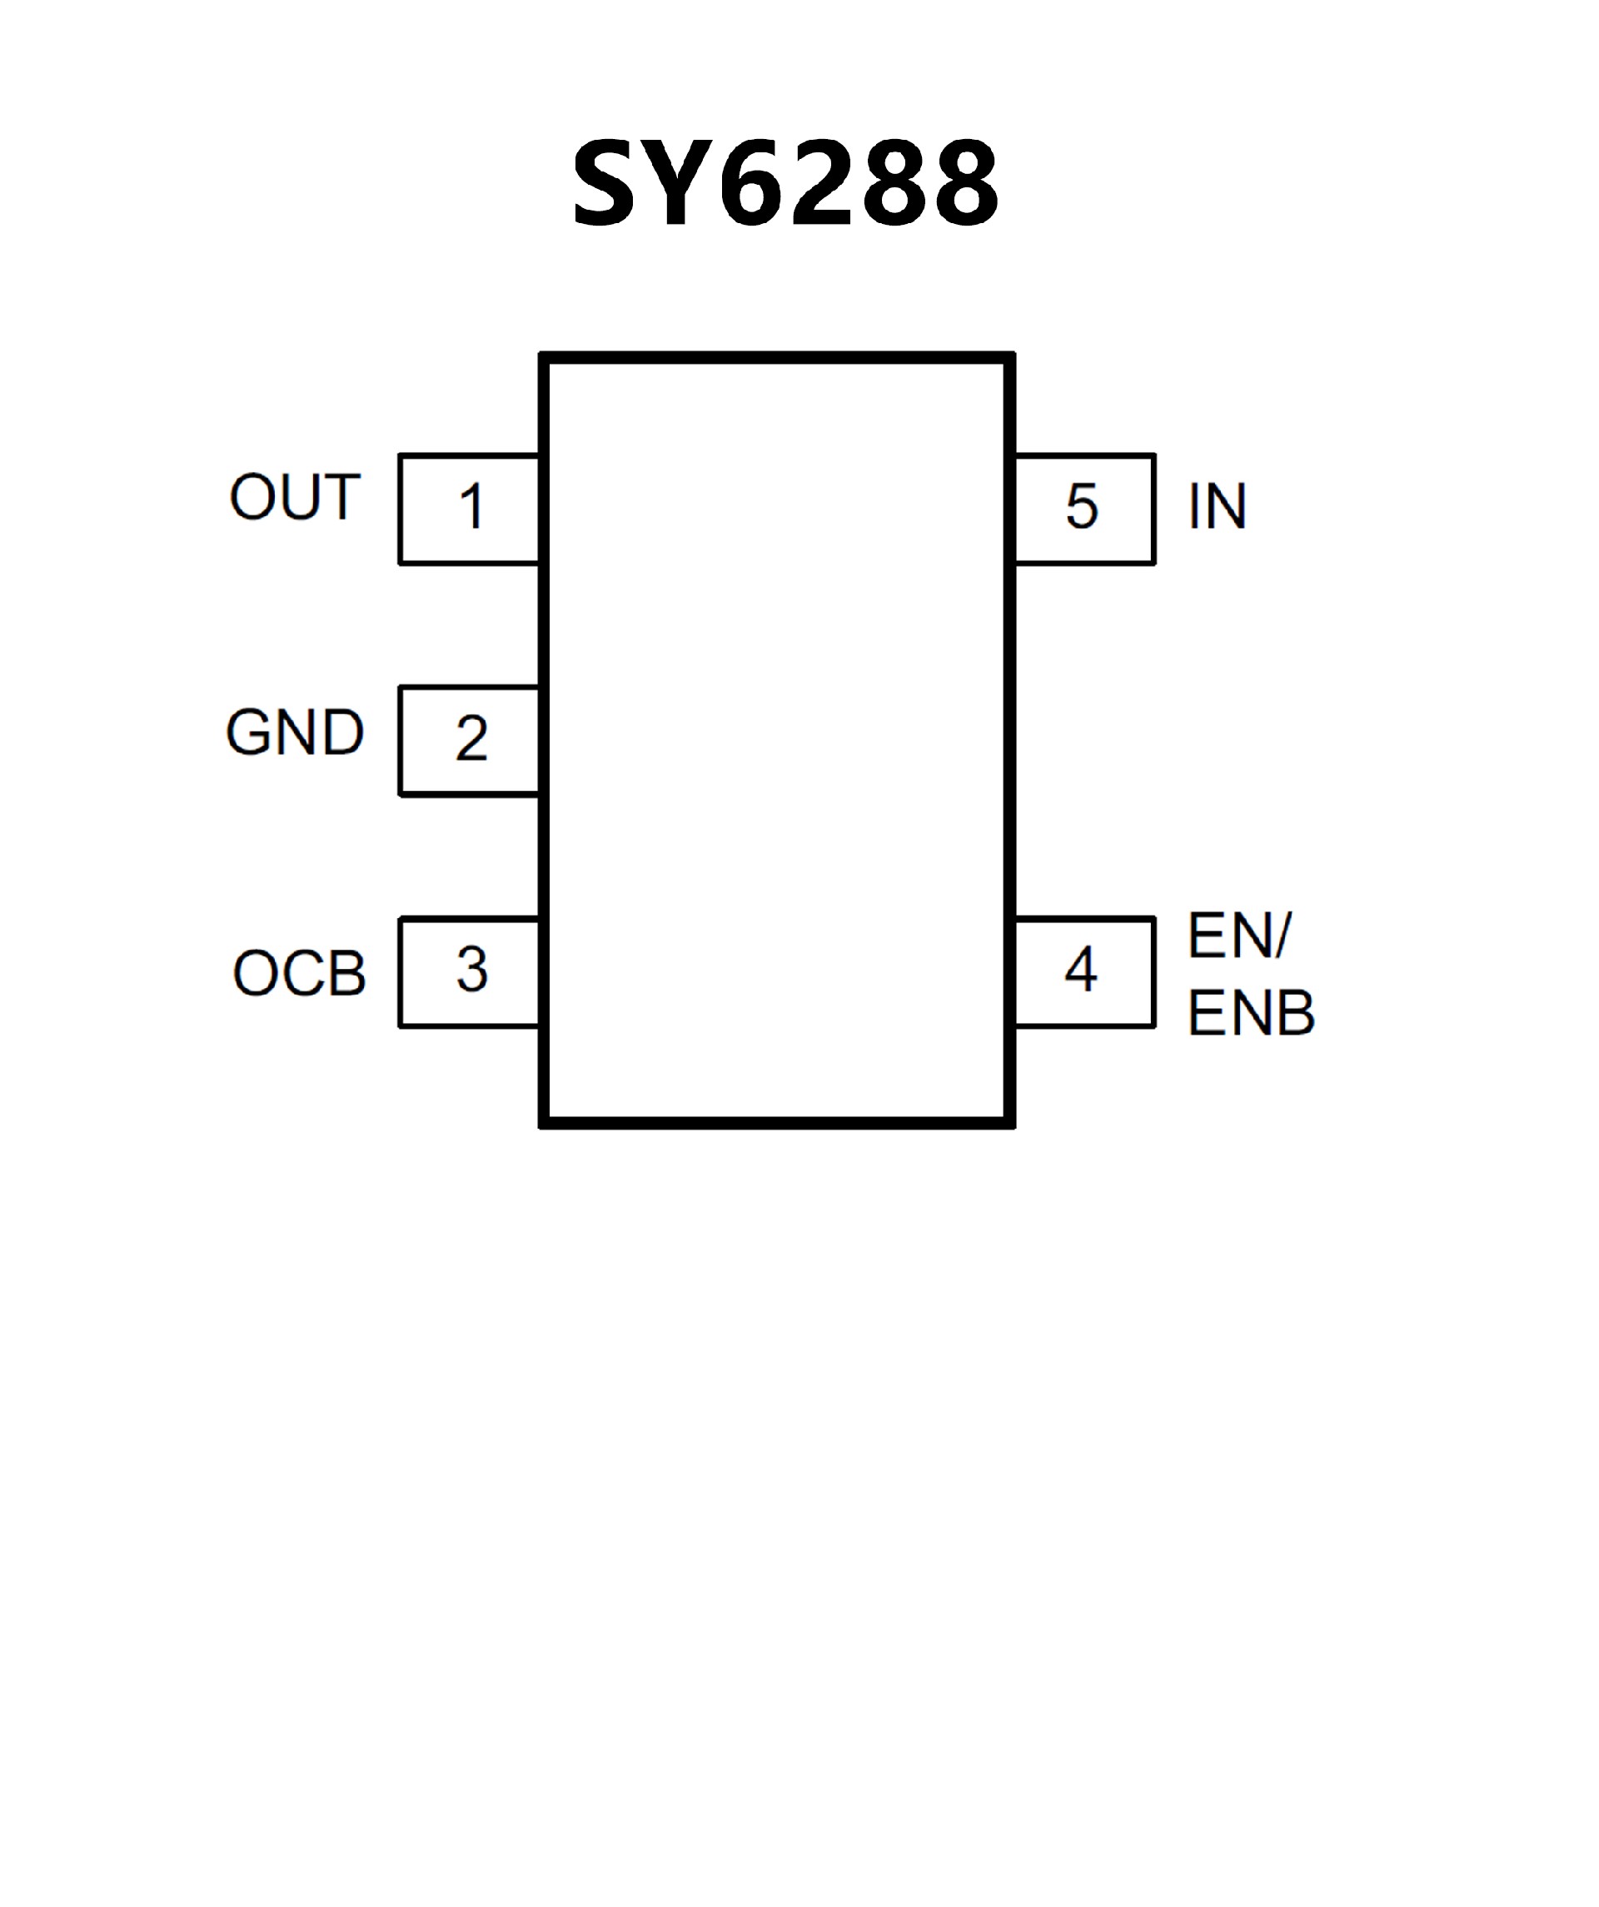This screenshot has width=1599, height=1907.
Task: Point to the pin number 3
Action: coord(471,969)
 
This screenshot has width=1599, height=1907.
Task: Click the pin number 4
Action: coord(1081,969)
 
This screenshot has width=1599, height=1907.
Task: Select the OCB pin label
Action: coord(300,974)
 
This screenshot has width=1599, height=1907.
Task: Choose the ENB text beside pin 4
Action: coord(1251,1014)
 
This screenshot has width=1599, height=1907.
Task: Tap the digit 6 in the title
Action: coord(752,183)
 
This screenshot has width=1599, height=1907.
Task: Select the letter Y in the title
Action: coord(676,183)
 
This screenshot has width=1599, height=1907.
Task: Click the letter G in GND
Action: coord(250,732)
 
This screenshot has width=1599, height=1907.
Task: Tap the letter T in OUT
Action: coord(342,498)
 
